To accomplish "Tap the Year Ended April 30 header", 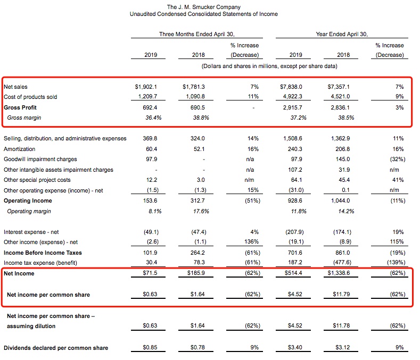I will [341, 34].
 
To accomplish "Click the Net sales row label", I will [15, 86].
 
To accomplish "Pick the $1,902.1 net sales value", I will [147, 86].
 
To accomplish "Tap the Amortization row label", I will [20, 149].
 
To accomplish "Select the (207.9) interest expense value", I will [295, 232].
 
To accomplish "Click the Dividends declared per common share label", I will [56, 348].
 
